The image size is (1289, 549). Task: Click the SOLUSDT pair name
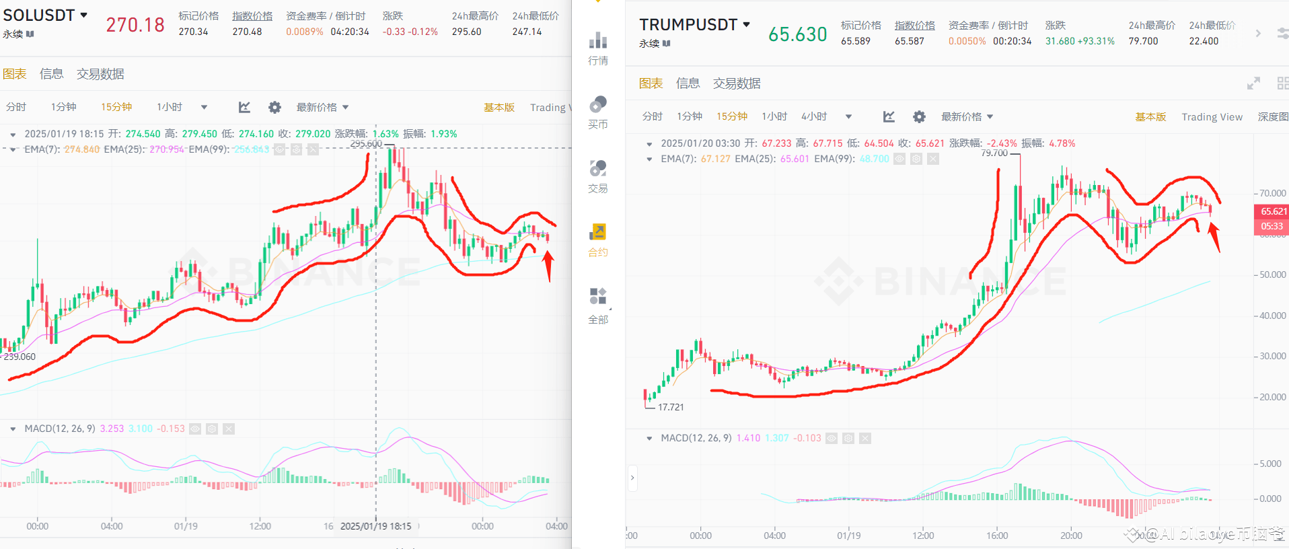pos(39,15)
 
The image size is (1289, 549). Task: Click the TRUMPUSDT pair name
pos(688,25)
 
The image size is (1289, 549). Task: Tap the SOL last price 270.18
pos(135,25)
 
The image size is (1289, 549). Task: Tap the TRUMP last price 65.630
pos(797,34)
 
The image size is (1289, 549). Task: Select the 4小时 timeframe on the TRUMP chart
pos(813,116)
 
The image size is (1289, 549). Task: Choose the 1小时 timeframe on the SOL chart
pos(170,107)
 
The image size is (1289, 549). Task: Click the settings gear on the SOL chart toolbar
pos(274,107)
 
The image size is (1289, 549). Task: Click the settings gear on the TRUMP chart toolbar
pos(919,116)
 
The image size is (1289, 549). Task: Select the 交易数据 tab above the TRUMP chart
pos(737,83)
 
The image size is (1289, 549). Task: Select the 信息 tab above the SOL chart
pos(52,74)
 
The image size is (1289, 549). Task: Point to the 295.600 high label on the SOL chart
pos(366,143)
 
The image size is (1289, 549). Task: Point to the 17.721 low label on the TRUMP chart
pos(671,407)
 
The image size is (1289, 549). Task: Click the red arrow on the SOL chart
pos(548,264)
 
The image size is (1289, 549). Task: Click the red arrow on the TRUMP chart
pos(1214,237)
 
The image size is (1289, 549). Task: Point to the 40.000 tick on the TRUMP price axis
pos(1272,316)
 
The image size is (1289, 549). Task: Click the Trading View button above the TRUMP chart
pos(1212,117)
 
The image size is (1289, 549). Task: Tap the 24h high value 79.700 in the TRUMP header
pos(1143,41)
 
